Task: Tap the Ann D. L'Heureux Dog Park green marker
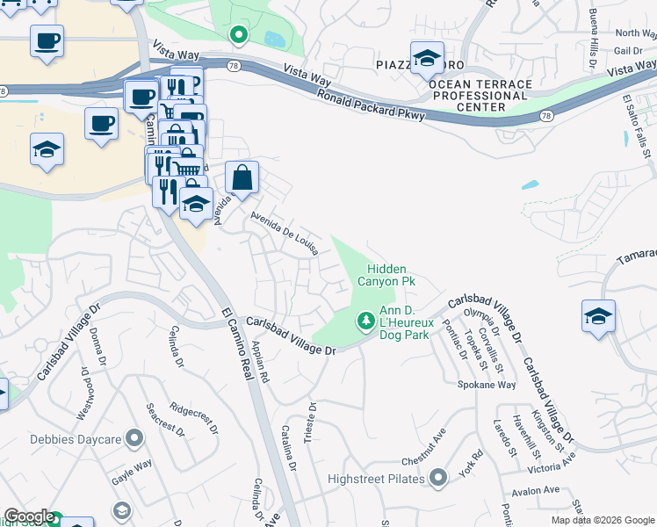point(365,321)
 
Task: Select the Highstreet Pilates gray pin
point(439,479)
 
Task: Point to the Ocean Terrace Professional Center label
point(480,96)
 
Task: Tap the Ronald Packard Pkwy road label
point(372,104)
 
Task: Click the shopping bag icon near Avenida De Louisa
point(242,177)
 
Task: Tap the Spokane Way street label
point(486,385)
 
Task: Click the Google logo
point(29,516)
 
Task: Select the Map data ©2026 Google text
point(603,520)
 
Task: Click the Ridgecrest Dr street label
point(192,419)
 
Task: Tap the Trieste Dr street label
point(309,422)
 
